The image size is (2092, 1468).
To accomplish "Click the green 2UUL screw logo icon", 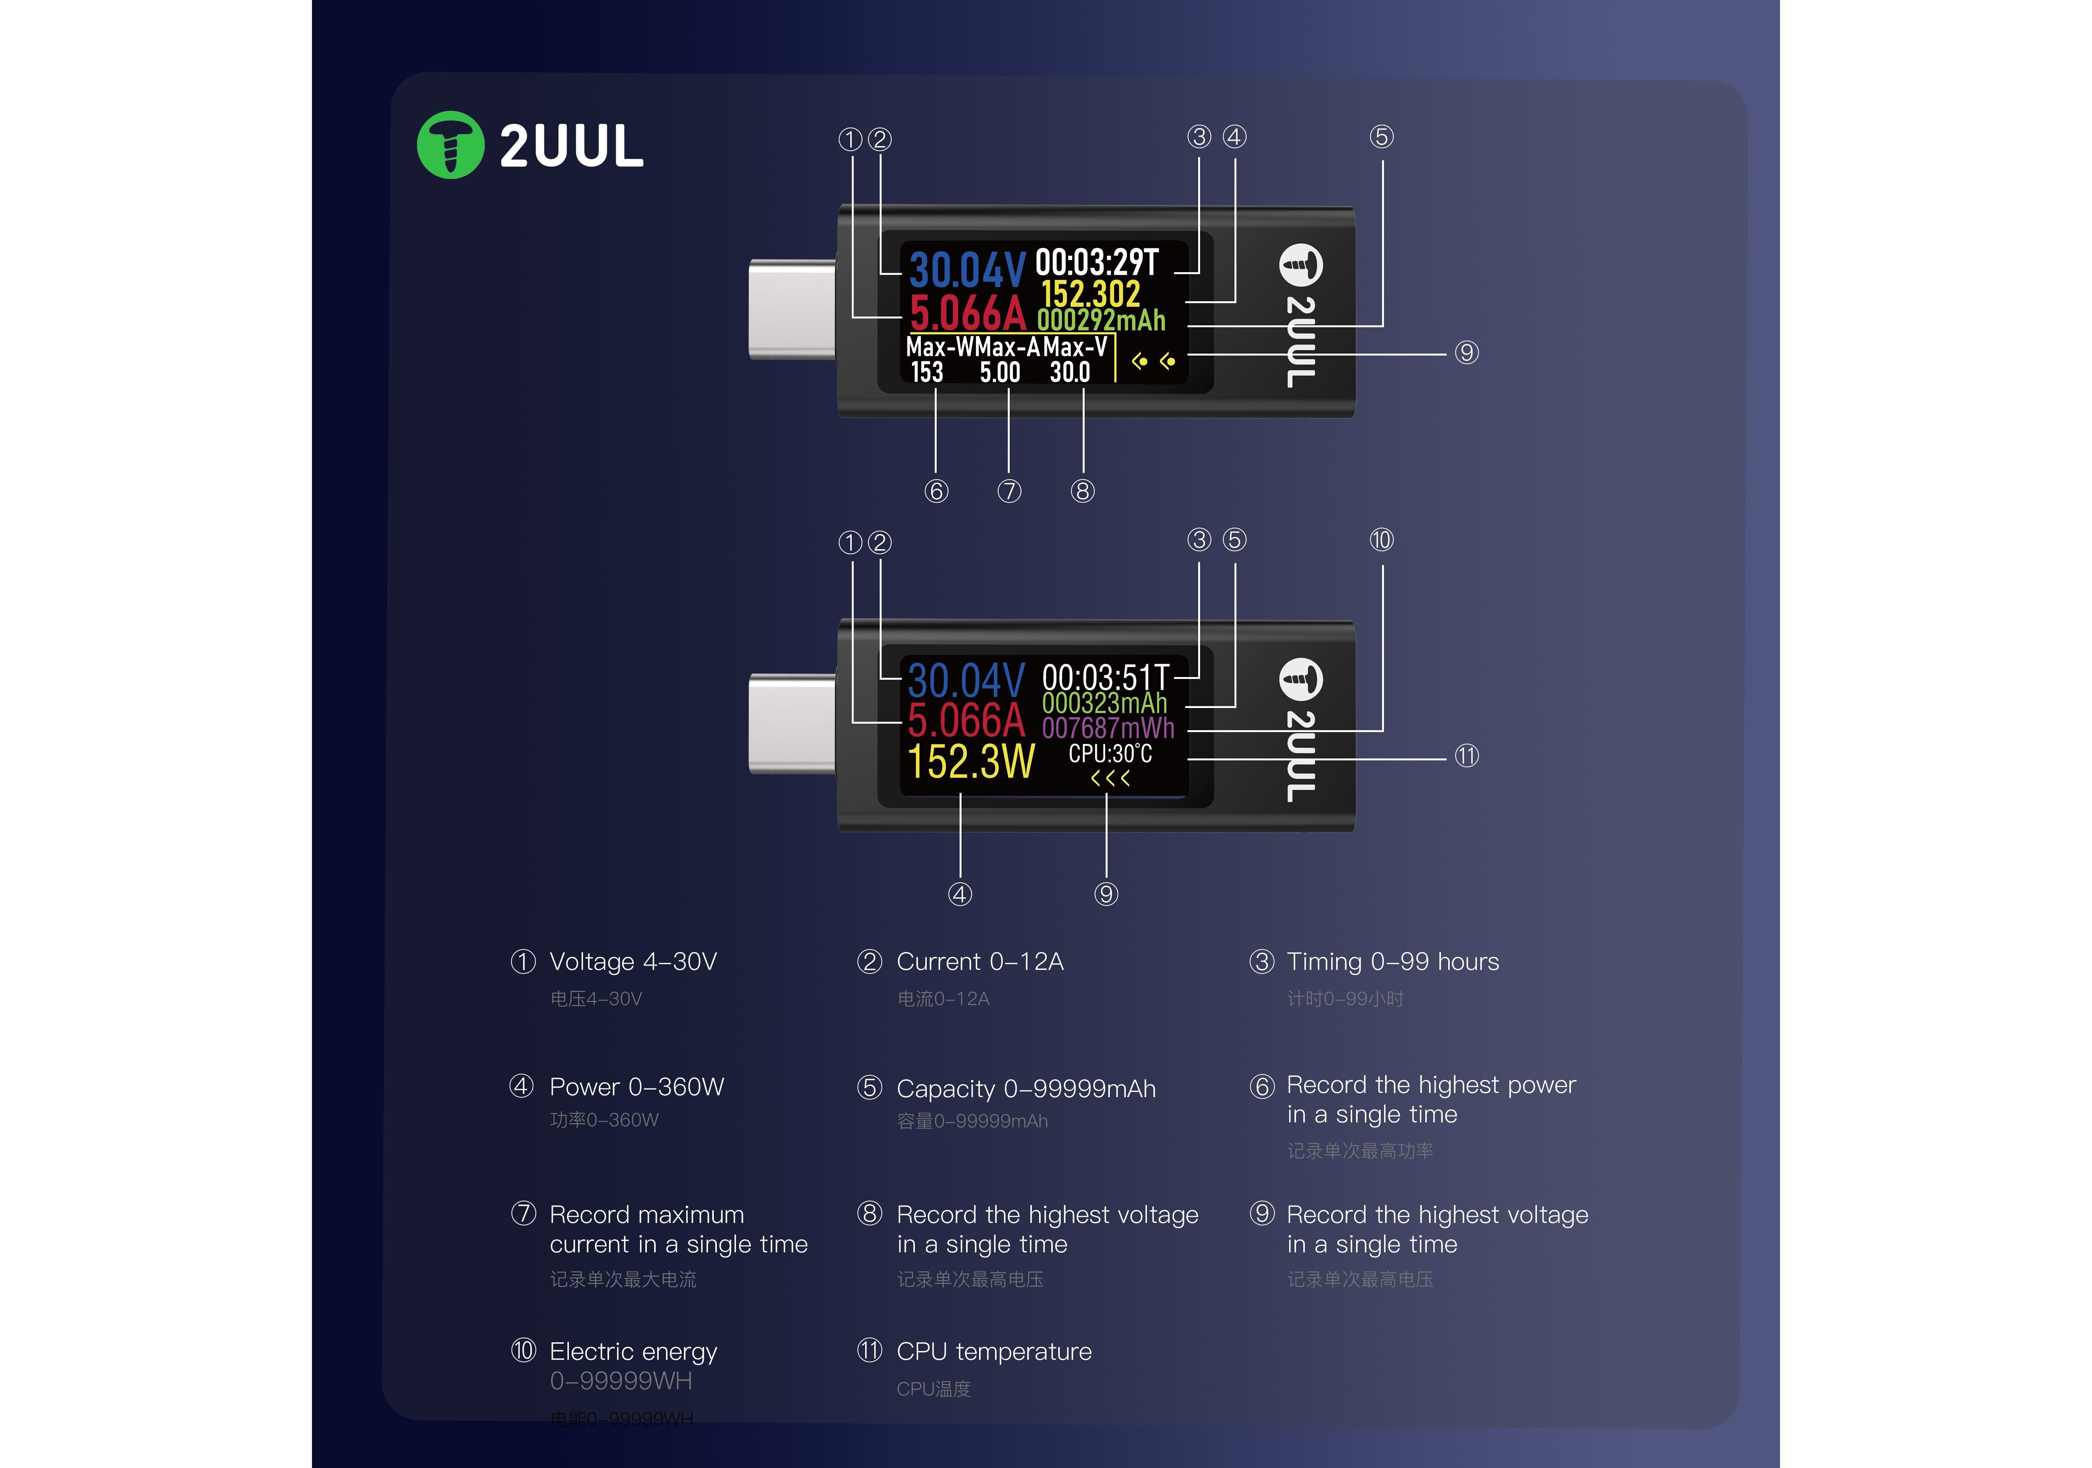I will (450, 145).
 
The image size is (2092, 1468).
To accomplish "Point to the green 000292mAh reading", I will (1101, 320).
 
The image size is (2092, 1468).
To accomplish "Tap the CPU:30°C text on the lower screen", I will (1110, 753).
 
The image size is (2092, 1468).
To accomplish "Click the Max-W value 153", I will (927, 372).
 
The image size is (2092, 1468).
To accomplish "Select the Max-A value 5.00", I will (999, 372).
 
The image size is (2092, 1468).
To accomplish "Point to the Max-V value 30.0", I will (1070, 372).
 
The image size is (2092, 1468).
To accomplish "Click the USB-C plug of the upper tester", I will (791, 309).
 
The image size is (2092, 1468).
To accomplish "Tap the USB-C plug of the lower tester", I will (791, 724).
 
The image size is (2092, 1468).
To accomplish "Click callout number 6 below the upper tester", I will (936, 491).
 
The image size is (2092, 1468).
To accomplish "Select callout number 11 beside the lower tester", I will (1466, 756).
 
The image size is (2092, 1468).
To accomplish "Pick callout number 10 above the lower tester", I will (1381, 540).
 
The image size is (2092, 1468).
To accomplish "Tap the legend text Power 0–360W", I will (636, 1087).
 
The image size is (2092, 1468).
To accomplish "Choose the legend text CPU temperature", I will (993, 1351).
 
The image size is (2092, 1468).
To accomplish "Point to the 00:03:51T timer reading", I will (1104, 678).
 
